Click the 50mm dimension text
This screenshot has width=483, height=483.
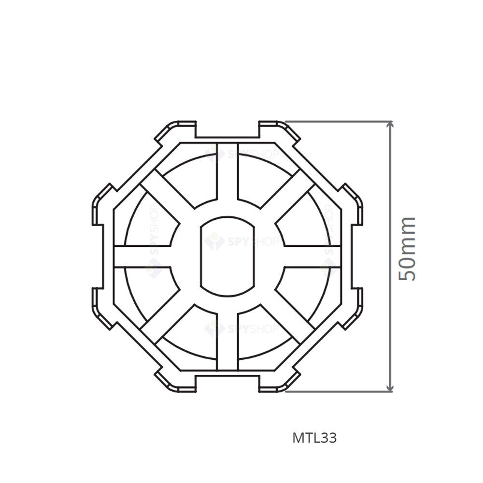coord(407,249)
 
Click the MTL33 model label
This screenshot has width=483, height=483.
coord(314,438)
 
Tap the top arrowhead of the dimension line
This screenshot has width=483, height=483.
coord(390,124)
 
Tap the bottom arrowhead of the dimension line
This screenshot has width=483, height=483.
coord(390,388)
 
